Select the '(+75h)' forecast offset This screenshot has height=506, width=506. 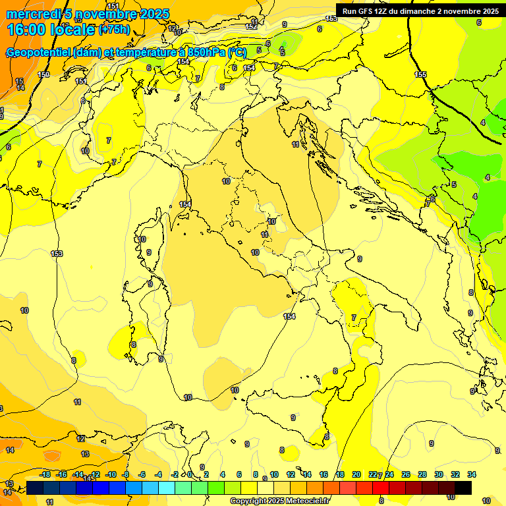coord(113,30)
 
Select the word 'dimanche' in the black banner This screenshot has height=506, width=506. coord(428,11)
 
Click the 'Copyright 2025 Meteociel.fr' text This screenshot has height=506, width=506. coord(279,501)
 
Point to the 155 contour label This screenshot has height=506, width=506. coord(420,74)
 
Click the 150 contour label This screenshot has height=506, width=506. coord(43,74)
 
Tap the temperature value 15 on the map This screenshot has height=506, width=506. coord(20,81)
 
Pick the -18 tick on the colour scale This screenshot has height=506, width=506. coord(45,474)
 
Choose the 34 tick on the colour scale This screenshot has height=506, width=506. coord(472,474)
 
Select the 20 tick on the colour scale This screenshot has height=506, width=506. coord(356,474)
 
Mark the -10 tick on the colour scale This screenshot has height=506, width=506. coord(111,474)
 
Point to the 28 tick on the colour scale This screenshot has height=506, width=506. coord(422,474)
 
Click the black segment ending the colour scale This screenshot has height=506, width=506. coord(463,488)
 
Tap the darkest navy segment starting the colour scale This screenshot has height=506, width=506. coord(36,488)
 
